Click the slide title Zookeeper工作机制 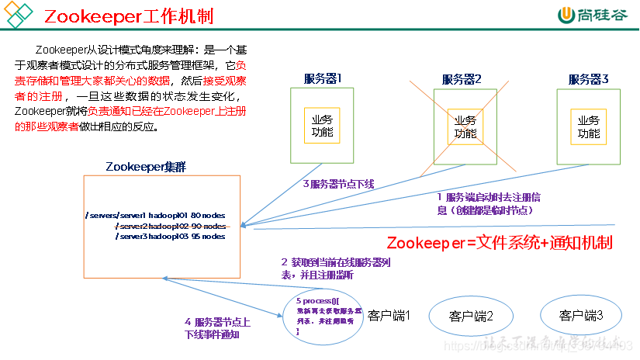[128, 16]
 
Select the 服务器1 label [323, 78]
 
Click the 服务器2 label [462, 79]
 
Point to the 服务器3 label [588, 79]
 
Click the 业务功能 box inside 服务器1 [322, 126]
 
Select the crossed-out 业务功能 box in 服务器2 [465, 126]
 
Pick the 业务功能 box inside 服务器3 [589, 126]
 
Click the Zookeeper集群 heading [146, 166]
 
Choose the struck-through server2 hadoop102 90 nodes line [171, 226]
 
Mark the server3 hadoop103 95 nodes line [171, 237]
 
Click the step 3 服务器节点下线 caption [338, 184]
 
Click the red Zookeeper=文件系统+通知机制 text [500, 242]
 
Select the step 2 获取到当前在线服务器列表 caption [335, 268]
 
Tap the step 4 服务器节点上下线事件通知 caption [216, 328]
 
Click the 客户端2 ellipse [471, 316]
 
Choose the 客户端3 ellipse [582, 316]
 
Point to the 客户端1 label [389, 316]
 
